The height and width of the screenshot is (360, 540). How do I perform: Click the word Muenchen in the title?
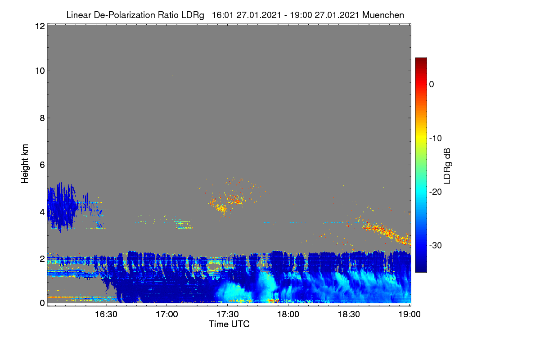pyautogui.click(x=383, y=15)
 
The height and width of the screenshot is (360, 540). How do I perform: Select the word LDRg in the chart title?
pyautogui.click(x=193, y=15)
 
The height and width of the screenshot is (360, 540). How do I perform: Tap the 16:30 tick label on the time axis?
pyautogui.click(x=106, y=314)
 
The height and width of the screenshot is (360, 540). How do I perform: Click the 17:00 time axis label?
pyautogui.click(x=167, y=314)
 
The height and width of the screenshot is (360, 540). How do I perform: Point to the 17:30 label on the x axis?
pyautogui.click(x=228, y=314)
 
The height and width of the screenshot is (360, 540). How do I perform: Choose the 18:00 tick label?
pyautogui.click(x=288, y=314)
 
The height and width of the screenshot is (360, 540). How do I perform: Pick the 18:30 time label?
pyautogui.click(x=349, y=314)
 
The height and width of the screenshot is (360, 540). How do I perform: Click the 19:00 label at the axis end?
pyautogui.click(x=409, y=314)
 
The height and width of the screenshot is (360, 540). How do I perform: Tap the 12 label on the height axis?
pyautogui.click(x=40, y=26)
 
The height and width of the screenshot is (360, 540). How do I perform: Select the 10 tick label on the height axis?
pyautogui.click(x=40, y=71)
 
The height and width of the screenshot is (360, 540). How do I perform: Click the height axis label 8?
pyautogui.click(x=42, y=118)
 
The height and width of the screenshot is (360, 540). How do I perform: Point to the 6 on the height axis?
pyautogui.click(x=42, y=165)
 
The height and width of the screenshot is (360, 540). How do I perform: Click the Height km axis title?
pyautogui.click(x=25, y=164)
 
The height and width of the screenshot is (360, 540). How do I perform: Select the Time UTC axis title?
pyautogui.click(x=229, y=324)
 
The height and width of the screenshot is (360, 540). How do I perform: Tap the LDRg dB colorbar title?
pyautogui.click(x=447, y=166)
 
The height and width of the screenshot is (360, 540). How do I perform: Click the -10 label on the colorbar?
pyautogui.click(x=436, y=139)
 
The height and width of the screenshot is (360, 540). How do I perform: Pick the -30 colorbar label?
pyautogui.click(x=436, y=245)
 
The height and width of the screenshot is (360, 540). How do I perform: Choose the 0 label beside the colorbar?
pyautogui.click(x=432, y=85)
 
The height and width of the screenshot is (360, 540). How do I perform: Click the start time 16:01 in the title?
pyautogui.click(x=222, y=15)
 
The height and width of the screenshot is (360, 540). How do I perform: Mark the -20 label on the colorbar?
pyautogui.click(x=436, y=192)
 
